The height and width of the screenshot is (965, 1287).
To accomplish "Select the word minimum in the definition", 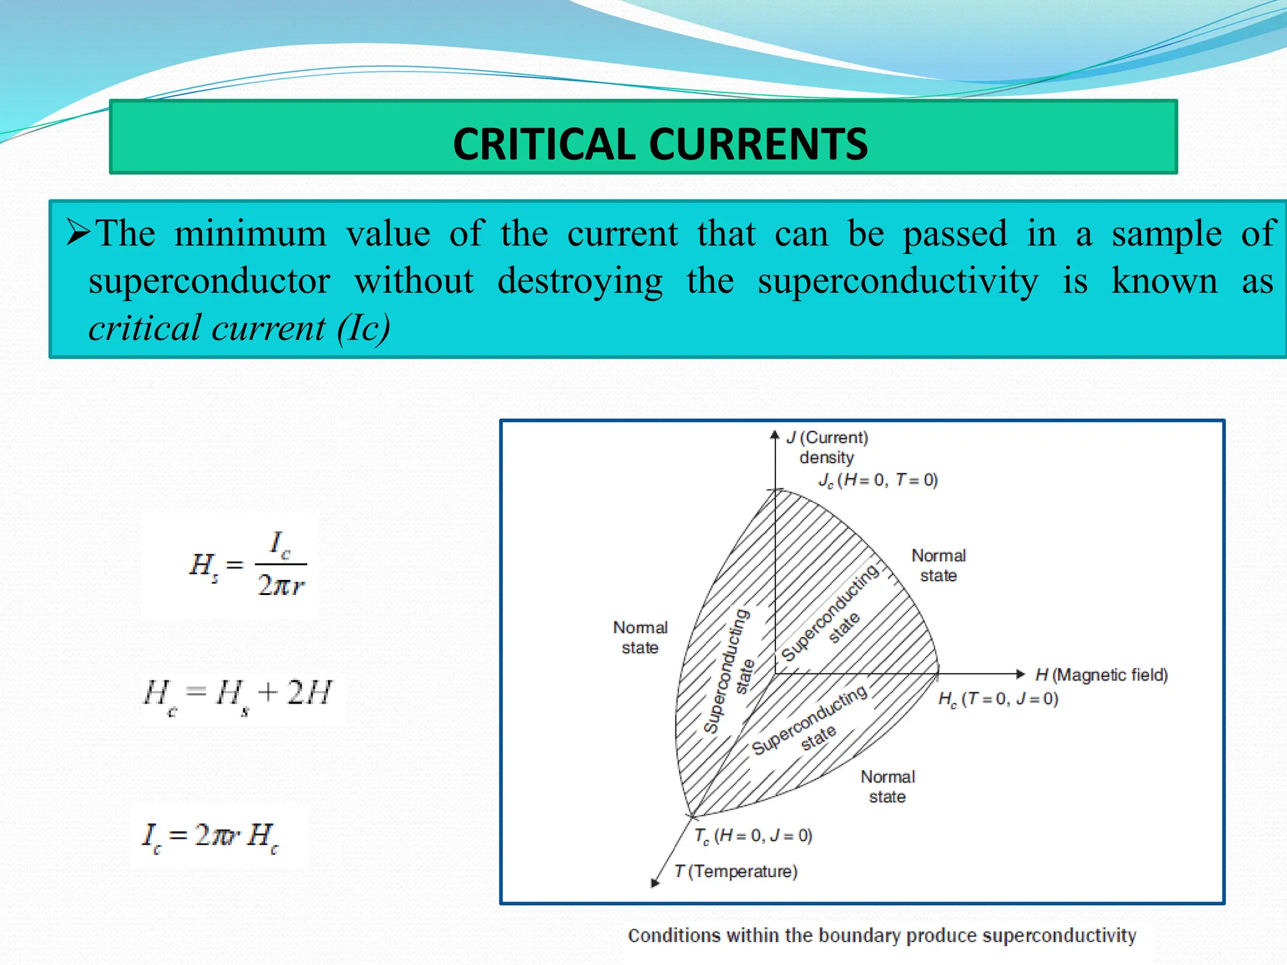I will click(x=250, y=234).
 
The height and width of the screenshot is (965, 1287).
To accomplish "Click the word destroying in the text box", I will click(x=579, y=281).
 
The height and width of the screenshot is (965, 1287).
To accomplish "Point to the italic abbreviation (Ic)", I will click(x=363, y=328).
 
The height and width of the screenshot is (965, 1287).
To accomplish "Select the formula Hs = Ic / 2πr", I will click(x=248, y=565).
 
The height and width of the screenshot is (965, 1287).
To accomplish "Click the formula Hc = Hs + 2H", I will click(x=238, y=695).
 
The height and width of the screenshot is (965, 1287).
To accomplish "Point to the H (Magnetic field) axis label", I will click(x=1102, y=675).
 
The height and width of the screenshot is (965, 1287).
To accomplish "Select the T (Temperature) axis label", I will click(x=736, y=871).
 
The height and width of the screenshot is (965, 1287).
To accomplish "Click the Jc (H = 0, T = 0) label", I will click(x=877, y=481).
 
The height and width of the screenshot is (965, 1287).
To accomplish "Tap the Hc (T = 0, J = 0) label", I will click(x=998, y=699).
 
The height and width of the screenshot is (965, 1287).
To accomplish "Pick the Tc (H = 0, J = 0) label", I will click(x=753, y=836).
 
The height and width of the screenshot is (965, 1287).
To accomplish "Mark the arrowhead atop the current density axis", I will click(x=775, y=435).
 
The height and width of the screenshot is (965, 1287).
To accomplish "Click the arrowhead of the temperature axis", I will click(x=655, y=883).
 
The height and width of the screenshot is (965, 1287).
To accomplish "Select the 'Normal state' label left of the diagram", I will click(x=640, y=637).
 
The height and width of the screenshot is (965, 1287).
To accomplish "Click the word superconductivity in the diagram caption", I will click(x=1059, y=935).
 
